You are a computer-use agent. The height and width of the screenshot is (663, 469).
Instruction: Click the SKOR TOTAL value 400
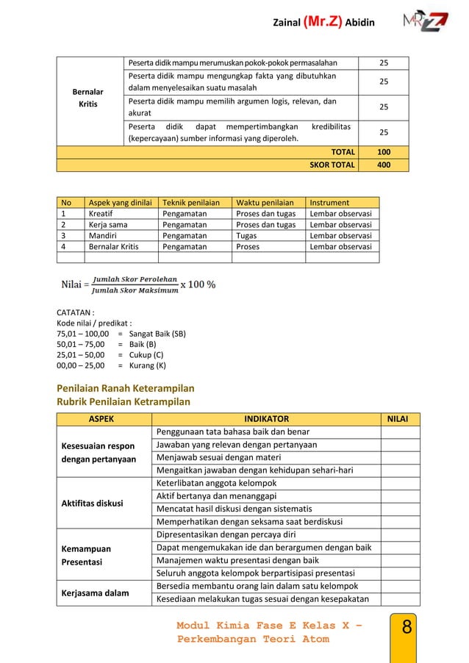[x=384, y=165]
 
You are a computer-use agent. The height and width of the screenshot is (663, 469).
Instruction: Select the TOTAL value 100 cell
[x=384, y=152]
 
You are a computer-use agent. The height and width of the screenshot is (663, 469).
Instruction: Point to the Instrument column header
[x=330, y=202]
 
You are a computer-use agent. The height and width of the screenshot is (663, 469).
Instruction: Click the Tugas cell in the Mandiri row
[x=246, y=235]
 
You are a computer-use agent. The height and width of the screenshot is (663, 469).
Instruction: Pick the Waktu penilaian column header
[x=265, y=202]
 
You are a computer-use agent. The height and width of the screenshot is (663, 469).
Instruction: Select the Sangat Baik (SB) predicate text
[x=157, y=333]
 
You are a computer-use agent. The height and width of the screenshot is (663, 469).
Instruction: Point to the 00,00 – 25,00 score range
[x=80, y=365]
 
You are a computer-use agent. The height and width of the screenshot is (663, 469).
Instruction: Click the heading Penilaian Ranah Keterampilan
[x=126, y=388]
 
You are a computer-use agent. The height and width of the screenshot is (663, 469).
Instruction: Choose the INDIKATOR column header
[x=266, y=419]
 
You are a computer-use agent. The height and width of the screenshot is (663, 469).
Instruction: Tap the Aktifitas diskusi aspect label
[x=92, y=503]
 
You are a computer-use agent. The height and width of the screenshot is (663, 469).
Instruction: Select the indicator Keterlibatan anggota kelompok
[x=217, y=483]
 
